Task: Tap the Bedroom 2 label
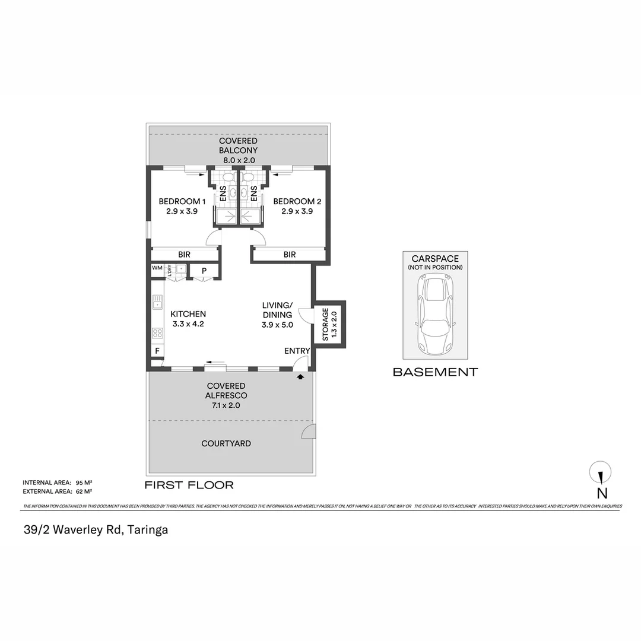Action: click(297, 206)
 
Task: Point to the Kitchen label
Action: click(188, 319)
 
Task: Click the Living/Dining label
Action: click(278, 315)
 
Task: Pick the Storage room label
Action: click(329, 325)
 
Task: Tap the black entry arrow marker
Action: click(300, 376)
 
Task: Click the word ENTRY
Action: click(297, 351)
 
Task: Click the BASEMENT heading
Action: click(435, 372)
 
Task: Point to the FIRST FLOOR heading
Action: click(189, 485)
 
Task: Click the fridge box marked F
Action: click(157, 351)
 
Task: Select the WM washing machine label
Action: click(157, 268)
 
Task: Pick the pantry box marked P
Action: click(204, 271)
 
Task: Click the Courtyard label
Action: click(226, 443)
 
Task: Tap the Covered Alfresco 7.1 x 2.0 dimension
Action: click(226, 405)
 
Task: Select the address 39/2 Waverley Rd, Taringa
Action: click(95, 530)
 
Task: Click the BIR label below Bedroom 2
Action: click(290, 255)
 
